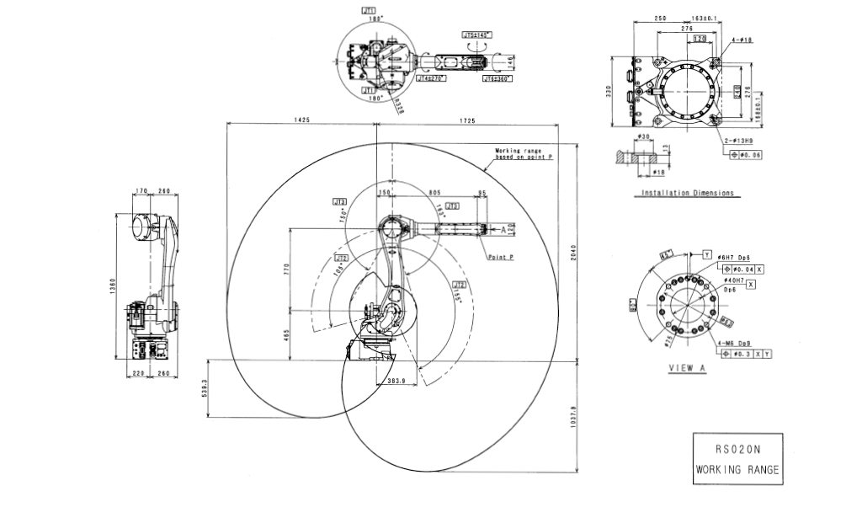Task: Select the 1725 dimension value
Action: [467, 120]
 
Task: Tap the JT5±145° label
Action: [477, 35]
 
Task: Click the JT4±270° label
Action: [430, 77]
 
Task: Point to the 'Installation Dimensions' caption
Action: [687, 193]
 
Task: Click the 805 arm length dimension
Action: [435, 193]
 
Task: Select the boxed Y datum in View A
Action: [706, 254]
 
